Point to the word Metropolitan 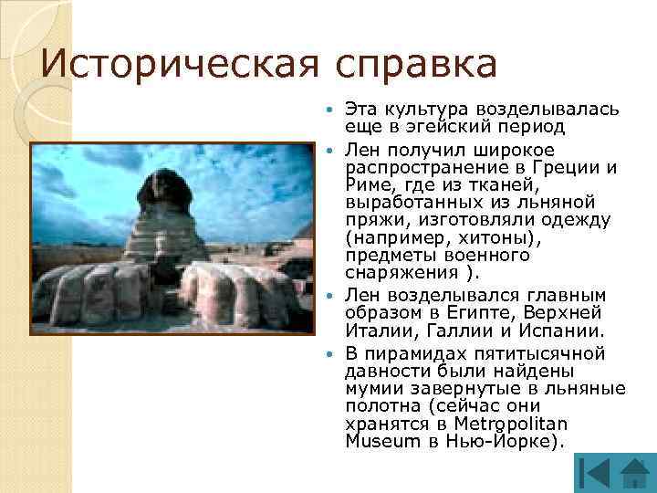click(515, 424)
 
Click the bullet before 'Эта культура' click(332, 110)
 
